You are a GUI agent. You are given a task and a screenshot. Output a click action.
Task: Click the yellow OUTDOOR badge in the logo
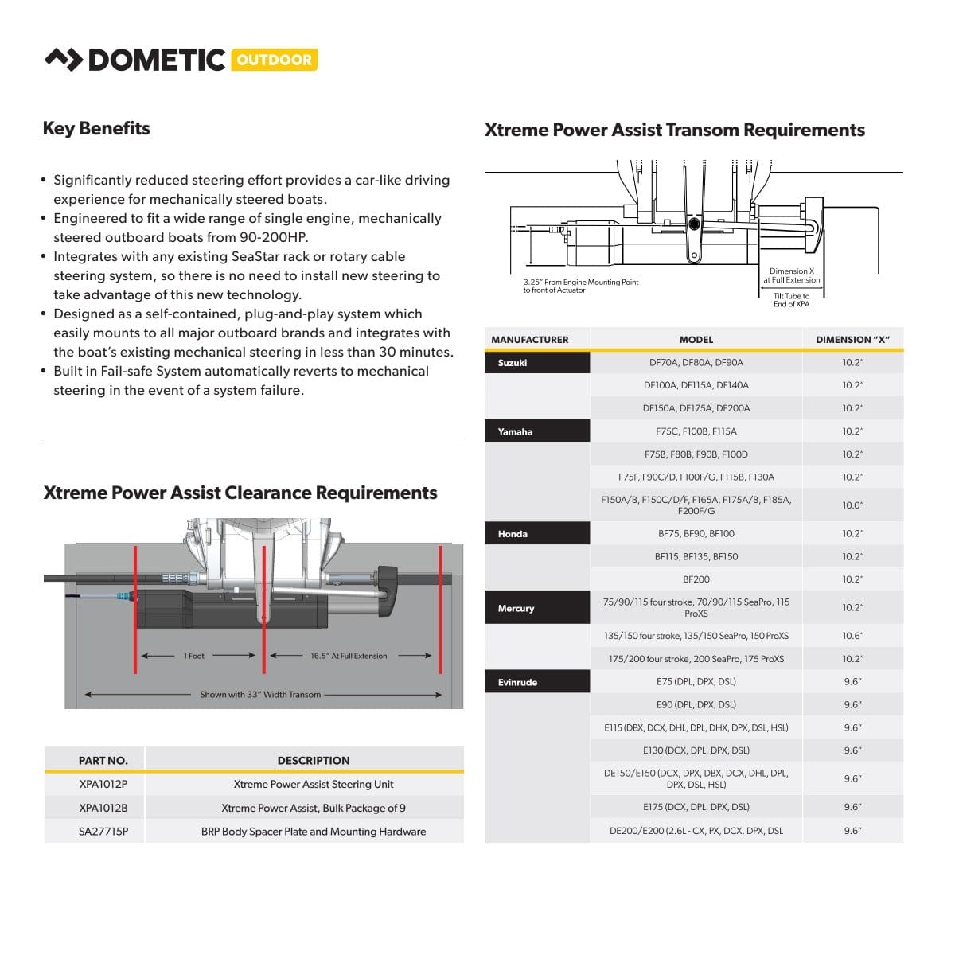(274, 60)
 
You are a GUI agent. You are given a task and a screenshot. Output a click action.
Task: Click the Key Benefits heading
(96, 129)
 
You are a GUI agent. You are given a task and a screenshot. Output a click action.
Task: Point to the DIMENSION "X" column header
(852, 340)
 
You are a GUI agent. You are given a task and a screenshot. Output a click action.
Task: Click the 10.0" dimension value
(852, 505)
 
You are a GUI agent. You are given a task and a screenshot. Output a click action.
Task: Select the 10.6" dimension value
(852, 636)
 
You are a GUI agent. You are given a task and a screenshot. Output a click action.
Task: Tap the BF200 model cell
(696, 579)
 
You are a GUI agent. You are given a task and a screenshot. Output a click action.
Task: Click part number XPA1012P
(103, 784)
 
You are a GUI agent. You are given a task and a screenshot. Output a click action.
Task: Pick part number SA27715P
(103, 832)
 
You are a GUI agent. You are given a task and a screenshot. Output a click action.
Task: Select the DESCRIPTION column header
(313, 761)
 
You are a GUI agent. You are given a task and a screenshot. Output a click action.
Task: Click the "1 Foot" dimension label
(194, 656)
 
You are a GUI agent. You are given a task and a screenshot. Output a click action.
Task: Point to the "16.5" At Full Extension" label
(349, 656)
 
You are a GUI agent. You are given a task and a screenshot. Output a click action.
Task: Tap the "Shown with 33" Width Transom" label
(260, 695)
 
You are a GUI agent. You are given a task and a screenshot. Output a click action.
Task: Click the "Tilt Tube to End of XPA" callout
(791, 300)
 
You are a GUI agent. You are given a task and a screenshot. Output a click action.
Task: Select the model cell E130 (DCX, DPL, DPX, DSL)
(696, 750)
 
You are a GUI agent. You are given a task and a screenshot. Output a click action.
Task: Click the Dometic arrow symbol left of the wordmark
(63, 60)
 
